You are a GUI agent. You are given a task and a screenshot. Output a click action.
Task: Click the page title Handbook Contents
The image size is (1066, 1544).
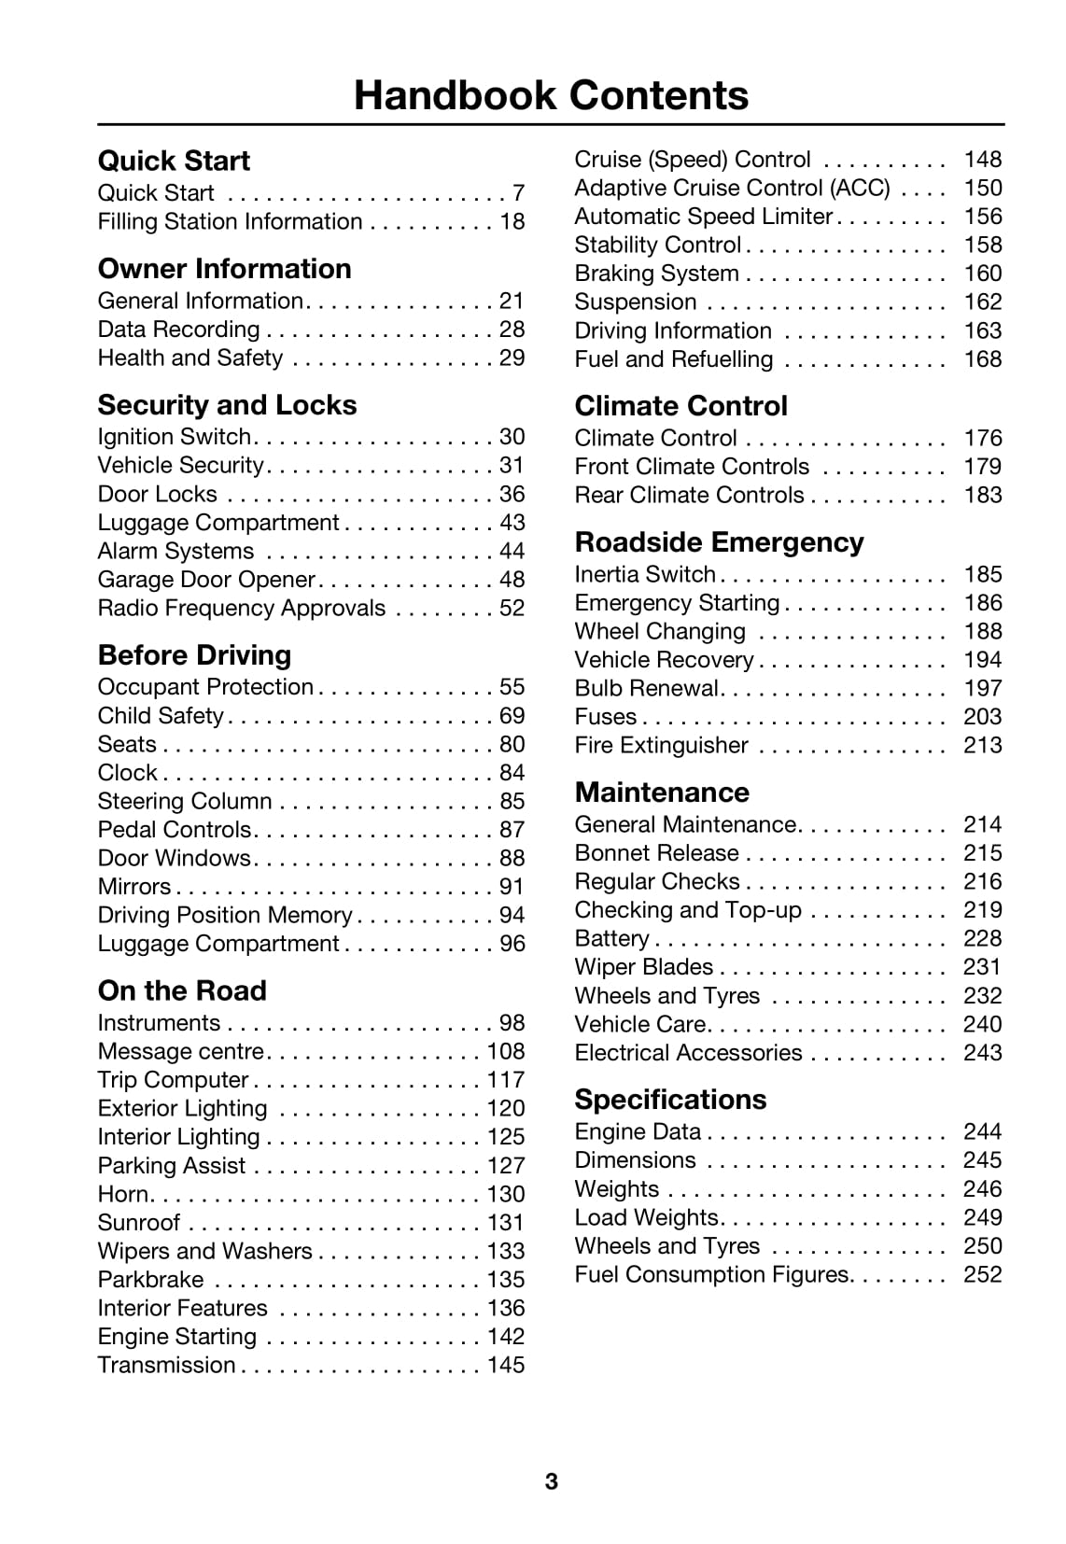pyautogui.click(x=551, y=95)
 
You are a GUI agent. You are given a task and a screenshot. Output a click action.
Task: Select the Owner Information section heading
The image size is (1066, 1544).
pyautogui.click(x=224, y=269)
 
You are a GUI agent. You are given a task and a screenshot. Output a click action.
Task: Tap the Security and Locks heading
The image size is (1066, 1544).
pyautogui.click(x=227, y=405)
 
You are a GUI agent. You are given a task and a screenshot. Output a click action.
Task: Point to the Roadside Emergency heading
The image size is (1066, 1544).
pyautogui.click(x=719, y=542)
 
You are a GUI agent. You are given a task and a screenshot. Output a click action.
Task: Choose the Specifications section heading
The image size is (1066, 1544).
pyautogui.click(x=670, y=1100)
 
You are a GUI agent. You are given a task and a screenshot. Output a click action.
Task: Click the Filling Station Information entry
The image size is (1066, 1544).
pyautogui.click(x=230, y=222)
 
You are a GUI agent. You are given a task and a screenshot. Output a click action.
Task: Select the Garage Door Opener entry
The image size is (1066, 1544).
pyautogui.click(x=206, y=580)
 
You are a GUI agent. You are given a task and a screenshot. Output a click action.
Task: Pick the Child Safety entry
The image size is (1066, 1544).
pyautogui.click(x=161, y=716)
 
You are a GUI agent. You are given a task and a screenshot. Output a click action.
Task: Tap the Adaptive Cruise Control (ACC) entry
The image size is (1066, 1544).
pyautogui.click(x=732, y=189)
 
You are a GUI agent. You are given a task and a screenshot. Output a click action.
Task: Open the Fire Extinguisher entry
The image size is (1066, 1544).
pyautogui.click(x=661, y=746)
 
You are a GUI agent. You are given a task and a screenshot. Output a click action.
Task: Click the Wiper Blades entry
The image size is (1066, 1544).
pyautogui.click(x=643, y=967)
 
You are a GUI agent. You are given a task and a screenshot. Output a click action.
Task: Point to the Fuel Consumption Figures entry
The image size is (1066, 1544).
pyautogui.click(x=711, y=1275)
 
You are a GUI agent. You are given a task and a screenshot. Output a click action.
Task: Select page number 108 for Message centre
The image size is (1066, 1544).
pyautogui.click(x=505, y=1052)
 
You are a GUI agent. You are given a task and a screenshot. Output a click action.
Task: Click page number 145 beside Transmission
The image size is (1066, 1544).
pyautogui.click(x=505, y=1366)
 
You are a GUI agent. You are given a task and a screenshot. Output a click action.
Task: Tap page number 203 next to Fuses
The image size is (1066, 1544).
pyautogui.click(x=982, y=717)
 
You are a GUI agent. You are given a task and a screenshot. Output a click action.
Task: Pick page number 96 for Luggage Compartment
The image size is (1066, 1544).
pyautogui.click(x=512, y=944)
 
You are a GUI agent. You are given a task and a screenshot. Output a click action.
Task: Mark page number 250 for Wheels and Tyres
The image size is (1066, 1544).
pyautogui.click(x=982, y=1246)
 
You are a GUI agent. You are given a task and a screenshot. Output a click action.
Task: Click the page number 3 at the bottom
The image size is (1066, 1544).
pyautogui.click(x=551, y=1481)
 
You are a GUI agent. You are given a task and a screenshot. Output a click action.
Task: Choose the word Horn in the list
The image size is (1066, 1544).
pyautogui.click(x=122, y=1195)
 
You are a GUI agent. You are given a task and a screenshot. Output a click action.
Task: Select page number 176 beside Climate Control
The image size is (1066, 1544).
pyautogui.click(x=982, y=439)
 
